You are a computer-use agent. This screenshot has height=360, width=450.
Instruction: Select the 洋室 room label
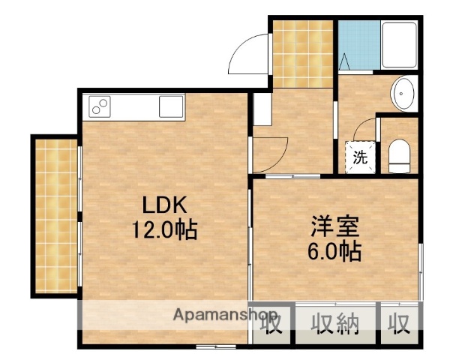pyautogui.click(x=336, y=226)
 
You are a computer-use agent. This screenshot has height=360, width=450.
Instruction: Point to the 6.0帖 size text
pyautogui.click(x=336, y=250)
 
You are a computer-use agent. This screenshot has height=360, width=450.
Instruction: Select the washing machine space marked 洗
pyautogui.click(x=360, y=157)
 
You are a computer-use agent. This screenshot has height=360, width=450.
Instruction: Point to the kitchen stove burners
pyautogui.click(x=100, y=106)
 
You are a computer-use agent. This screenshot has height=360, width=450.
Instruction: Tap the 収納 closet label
pyautogui.click(x=336, y=324)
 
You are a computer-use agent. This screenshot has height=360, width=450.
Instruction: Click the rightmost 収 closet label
pyautogui.click(x=399, y=324)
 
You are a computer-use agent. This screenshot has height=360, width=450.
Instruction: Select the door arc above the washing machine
pyautogui.click(x=363, y=129)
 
